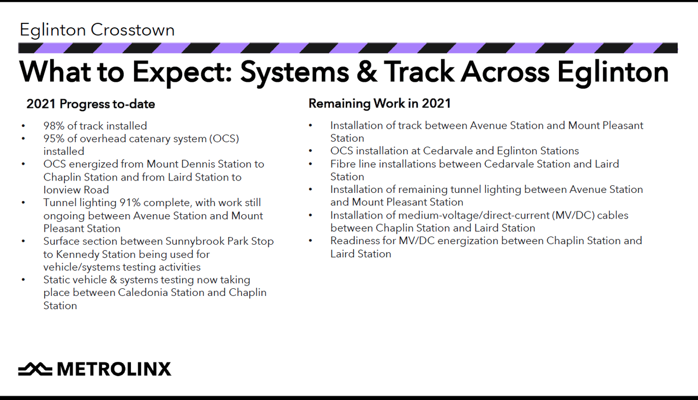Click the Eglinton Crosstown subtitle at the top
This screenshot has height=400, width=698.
[x=97, y=30]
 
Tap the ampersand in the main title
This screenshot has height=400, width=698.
[x=366, y=72]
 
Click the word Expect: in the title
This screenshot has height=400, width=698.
[x=182, y=73]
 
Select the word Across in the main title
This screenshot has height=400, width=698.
[x=504, y=72]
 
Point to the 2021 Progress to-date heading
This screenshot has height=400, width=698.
[x=91, y=104]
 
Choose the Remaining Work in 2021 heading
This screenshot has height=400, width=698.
[x=380, y=104]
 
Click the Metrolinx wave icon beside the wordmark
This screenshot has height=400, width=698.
[x=35, y=369]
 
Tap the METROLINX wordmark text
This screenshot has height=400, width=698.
[x=114, y=369]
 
